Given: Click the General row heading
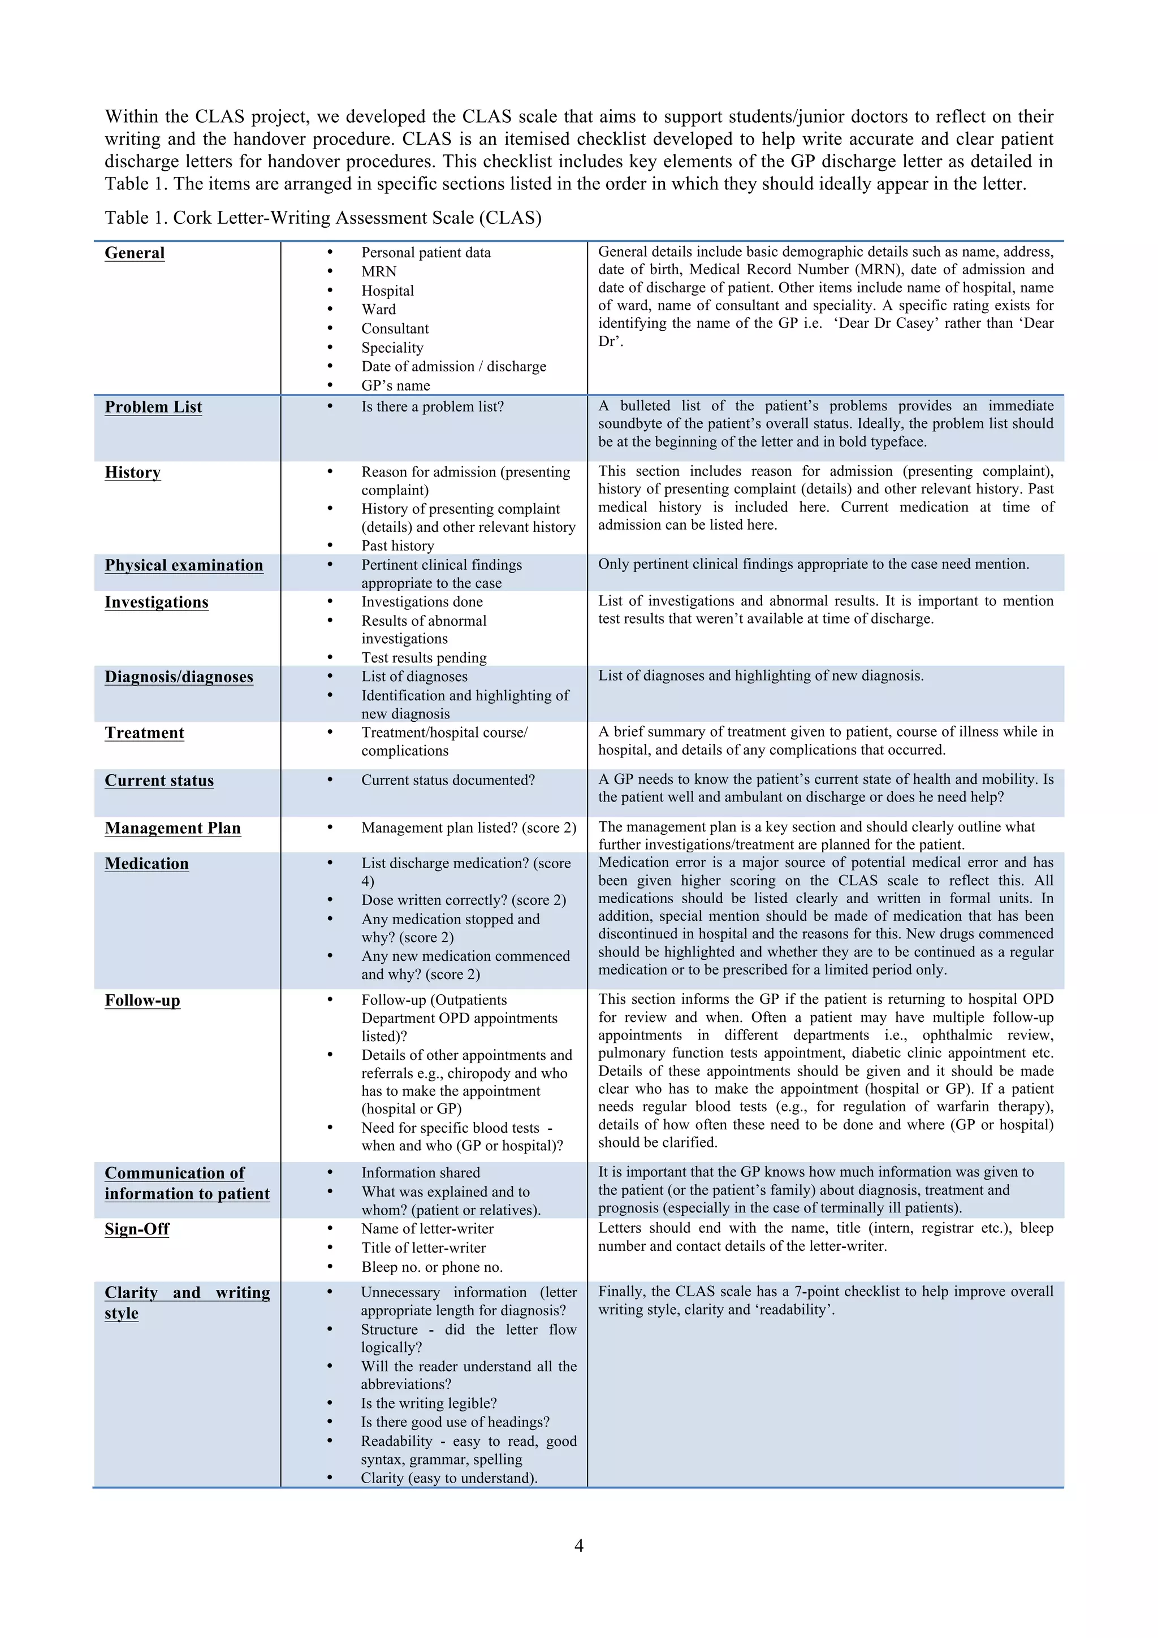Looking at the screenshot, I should (134, 253).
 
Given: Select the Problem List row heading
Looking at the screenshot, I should (153, 408).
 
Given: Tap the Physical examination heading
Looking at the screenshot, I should (184, 566).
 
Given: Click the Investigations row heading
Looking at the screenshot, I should (156, 603).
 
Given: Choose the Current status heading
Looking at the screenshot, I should (159, 781).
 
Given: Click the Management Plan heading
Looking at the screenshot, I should (172, 828).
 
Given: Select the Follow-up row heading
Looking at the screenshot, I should (142, 1001).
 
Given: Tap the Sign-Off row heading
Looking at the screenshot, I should (137, 1229).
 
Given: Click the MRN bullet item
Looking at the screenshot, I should (379, 272).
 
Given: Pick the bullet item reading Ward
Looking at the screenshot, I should (378, 310).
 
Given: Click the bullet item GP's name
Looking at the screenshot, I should (395, 386).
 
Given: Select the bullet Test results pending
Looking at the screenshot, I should (424, 658).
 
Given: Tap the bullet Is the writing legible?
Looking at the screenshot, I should (428, 1403).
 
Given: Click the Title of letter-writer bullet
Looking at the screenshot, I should (423, 1248).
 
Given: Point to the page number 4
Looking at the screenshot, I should (578, 1546).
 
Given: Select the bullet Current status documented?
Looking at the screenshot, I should (447, 781).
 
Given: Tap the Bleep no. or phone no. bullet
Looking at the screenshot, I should (431, 1267).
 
